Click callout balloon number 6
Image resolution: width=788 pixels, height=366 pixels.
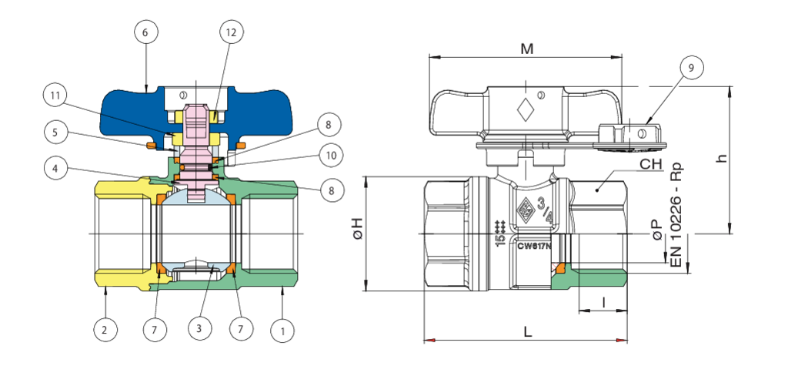145,33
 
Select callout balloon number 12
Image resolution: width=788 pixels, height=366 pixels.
230,33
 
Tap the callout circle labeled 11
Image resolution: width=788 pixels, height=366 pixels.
55,96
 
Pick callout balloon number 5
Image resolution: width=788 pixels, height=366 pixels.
55,132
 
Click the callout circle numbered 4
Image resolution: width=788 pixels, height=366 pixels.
55,167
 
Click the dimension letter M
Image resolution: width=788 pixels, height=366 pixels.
526,49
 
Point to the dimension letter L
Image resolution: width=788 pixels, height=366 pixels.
527,332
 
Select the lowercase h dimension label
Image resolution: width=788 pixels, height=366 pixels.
721,158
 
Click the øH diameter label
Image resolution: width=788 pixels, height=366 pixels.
356,229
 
